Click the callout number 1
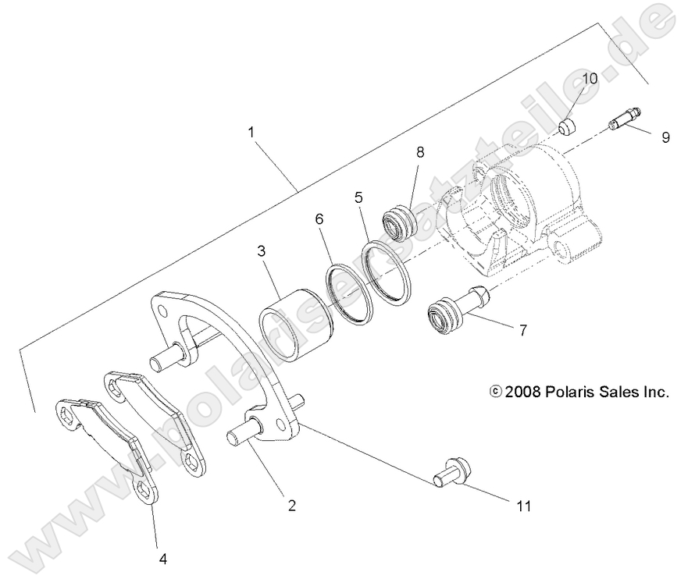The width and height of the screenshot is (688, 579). point(251,132)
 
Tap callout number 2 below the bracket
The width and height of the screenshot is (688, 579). point(291,505)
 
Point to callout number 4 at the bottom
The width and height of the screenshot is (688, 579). point(163,559)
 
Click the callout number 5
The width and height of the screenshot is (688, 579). point(359,197)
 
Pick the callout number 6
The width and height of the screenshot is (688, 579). point(319,221)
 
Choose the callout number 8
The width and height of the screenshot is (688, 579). point(420,152)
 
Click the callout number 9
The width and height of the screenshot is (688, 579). point(665,137)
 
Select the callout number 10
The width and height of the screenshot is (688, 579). point(590,78)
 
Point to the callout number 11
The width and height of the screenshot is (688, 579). point(522,506)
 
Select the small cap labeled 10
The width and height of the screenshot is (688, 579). point(568,126)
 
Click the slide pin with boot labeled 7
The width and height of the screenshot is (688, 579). point(457,311)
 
